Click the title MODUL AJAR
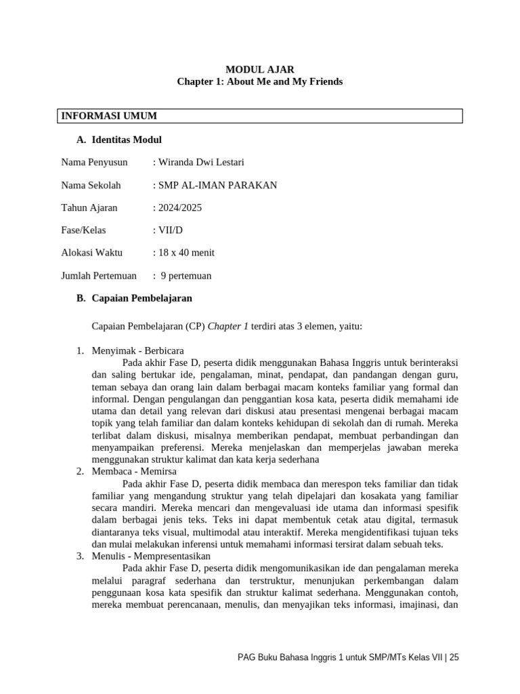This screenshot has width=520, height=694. [x=260, y=69]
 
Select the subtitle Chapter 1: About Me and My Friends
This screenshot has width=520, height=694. [x=260, y=81]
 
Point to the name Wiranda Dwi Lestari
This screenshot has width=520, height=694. [x=200, y=162]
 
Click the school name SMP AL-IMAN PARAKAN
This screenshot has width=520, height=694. [x=217, y=185]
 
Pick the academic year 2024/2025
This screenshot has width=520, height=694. [x=179, y=207]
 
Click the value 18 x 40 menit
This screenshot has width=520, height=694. [x=186, y=253]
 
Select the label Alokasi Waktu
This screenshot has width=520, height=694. [x=91, y=253]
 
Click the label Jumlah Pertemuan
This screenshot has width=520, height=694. [x=99, y=276]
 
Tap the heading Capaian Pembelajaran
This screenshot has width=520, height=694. [x=142, y=298]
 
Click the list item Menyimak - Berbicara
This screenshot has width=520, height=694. [x=137, y=350]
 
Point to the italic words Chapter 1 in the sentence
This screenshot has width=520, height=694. [x=228, y=327]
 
